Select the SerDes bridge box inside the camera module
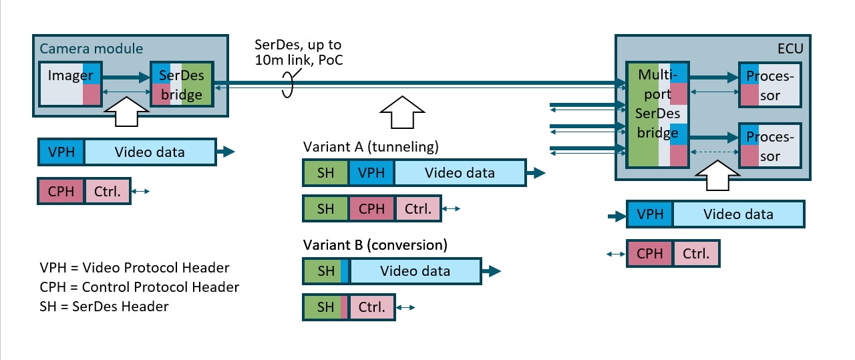pyautogui.click(x=182, y=85)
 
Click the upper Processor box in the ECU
pyautogui.click(x=769, y=85)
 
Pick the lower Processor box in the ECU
pyautogui.click(x=769, y=146)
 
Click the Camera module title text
pyautogui.click(x=92, y=49)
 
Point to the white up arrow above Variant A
pyautogui.click(x=401, y=110)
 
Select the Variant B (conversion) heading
pyautogui.click(x=375, y=244)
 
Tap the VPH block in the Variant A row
pyautogui.click(x=371, y=173)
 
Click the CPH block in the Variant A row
pyautogui.click(x=371, y=209)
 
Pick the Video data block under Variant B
pyautogui.click(x=415, y=271)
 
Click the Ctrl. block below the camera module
pyautogui.click(x=107, y=192)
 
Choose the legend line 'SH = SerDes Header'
pyautogui.click(x=104, y=307)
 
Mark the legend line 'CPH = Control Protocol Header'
pyautogui.click(x=140, y=287)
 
